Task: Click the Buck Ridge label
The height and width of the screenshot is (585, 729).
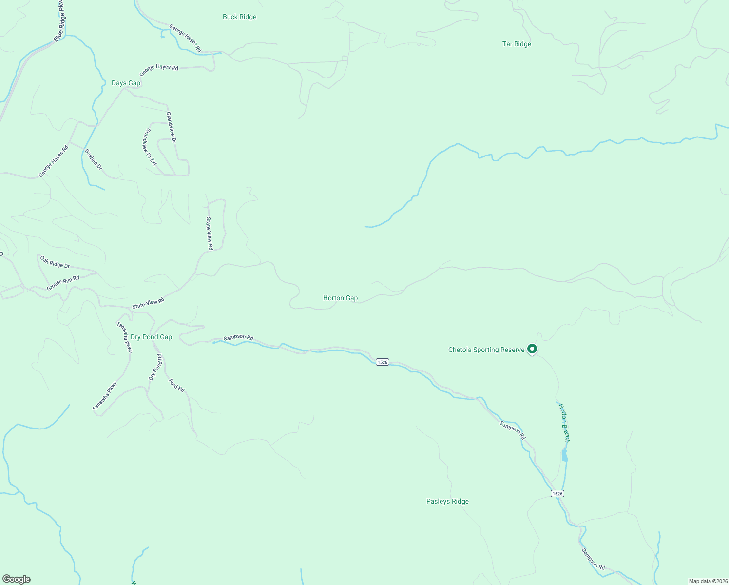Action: point(239,17)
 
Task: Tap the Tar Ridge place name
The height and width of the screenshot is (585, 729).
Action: point(517,44)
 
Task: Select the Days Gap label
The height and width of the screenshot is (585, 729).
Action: point(126,83)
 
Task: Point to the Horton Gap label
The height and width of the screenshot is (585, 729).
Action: point(340,298)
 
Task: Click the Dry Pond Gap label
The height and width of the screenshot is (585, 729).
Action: point(151,337)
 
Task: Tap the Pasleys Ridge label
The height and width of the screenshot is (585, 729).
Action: point(447,502)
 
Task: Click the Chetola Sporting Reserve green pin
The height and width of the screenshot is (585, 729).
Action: point(532,349)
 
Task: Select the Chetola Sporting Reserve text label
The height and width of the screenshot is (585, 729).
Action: point(486,350)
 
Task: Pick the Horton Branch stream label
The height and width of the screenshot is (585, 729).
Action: point(564,423)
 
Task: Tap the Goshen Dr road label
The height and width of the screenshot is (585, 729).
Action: point(94,159)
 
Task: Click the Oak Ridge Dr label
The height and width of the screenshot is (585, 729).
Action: point(55,262)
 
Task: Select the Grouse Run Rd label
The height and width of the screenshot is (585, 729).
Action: point(63,283)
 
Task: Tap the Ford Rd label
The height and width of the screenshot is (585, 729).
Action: point(176,385)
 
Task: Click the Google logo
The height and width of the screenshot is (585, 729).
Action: point(17,579)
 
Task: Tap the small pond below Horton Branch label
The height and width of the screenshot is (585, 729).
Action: point(564,456)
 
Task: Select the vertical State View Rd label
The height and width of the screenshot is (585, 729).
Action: point(209,234)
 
